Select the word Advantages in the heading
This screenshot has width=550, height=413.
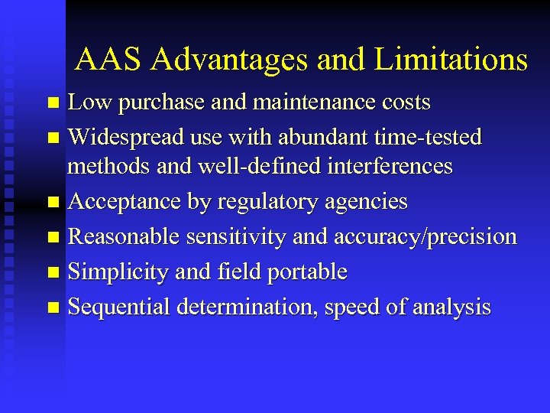[229, 59]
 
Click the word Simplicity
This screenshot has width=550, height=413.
[118, 272]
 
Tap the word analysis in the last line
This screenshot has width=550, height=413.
[451, 307]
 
